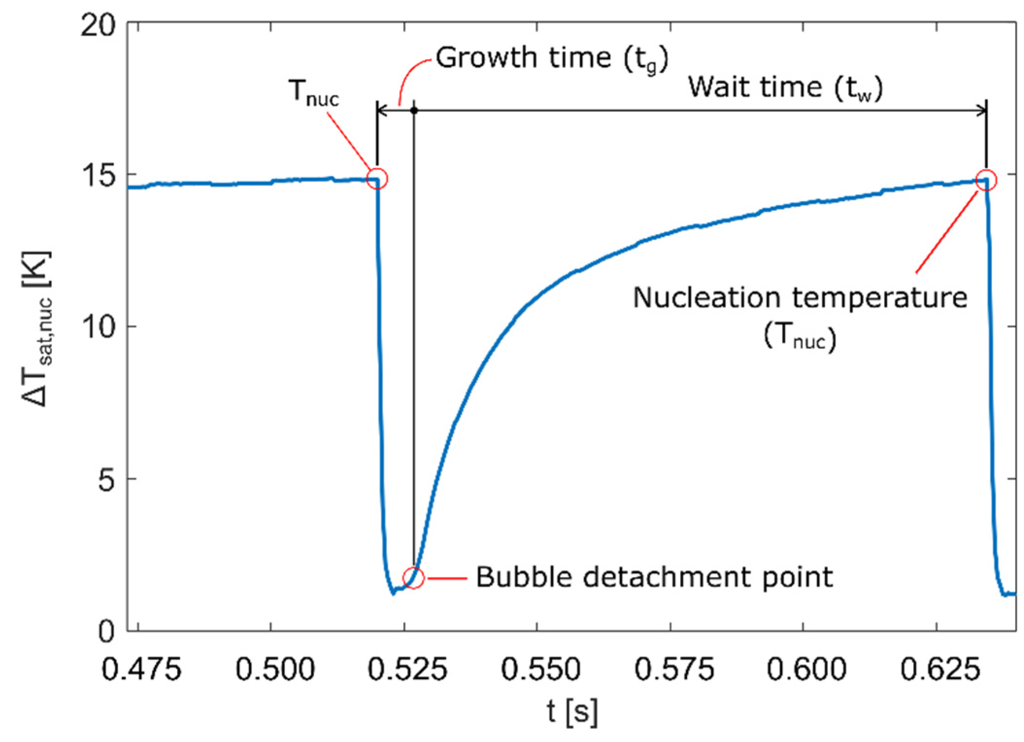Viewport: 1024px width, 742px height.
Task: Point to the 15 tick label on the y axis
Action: (99, 175)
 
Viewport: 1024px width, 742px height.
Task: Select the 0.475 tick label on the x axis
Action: (141, 670)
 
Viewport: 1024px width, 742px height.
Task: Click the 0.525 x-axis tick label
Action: (407, 670)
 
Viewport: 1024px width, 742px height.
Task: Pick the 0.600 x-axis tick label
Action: (806, 670)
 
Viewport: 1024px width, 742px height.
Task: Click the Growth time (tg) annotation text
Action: (552, 59)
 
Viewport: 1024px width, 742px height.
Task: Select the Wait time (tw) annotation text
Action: (785, 88)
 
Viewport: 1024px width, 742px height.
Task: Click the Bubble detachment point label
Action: (654, 577)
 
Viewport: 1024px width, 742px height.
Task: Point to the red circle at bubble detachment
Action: (413, 578)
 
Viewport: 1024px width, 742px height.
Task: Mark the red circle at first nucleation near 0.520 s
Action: (377, 179)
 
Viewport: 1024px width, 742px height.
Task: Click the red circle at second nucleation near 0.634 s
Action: (986, 180)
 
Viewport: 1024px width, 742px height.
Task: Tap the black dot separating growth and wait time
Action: (414, 111)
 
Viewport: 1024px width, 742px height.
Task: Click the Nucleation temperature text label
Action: (800, 298)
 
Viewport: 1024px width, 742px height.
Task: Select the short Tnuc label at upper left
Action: (314, 92)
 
